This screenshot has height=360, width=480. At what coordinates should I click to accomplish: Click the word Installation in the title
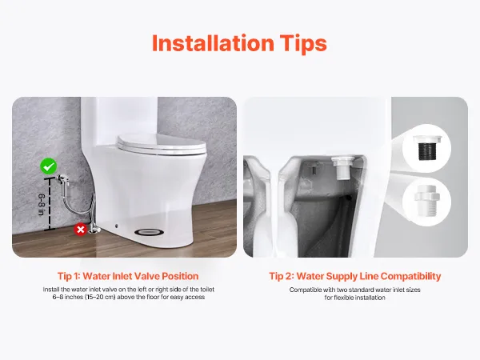coord(213,43)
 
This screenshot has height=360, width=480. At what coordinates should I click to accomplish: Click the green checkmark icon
coord(49,166)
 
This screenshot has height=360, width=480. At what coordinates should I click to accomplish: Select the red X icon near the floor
coord(81,230)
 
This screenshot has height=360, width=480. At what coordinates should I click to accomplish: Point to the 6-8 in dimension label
coord(42,205)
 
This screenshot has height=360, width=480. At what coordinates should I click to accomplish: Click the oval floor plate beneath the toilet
coord(149,232)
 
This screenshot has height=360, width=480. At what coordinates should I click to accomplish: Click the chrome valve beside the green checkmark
coord(62,178)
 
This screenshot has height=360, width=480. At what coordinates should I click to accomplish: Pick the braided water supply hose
coord(79,202)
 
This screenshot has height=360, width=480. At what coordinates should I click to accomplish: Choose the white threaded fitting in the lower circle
coord(427,199)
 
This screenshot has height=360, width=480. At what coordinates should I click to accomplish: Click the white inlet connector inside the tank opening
coord(344,167)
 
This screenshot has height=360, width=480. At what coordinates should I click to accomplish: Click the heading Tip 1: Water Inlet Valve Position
coord(128,276)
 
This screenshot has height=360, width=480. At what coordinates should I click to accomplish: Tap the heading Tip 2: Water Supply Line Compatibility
coord(355,276)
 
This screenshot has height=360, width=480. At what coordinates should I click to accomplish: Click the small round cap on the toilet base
coord(117,226)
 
